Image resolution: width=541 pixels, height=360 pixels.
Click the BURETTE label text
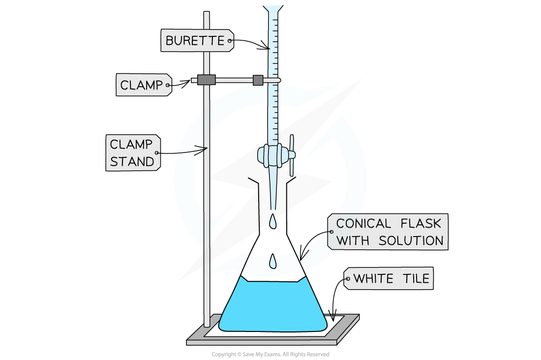194,40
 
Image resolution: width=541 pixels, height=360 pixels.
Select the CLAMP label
141,85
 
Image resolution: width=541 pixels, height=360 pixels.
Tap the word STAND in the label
132,161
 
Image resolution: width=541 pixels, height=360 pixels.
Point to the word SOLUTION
411,241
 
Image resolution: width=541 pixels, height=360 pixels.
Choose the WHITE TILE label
391,279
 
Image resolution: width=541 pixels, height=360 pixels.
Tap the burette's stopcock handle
291,155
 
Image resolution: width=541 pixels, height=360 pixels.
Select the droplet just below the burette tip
272,222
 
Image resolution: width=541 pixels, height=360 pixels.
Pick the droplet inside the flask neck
272,262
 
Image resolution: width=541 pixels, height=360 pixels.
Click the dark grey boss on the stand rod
207,80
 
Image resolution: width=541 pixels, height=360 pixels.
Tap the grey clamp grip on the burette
258,80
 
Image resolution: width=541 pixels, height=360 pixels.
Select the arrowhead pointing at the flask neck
303,256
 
